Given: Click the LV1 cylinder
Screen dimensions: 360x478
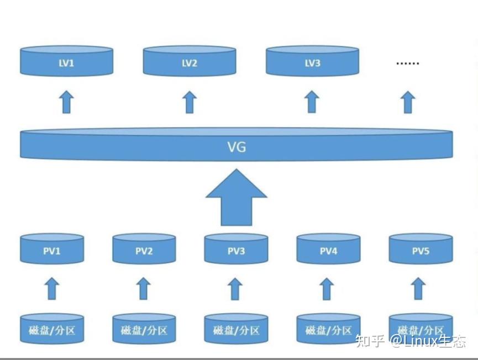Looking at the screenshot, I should point(66,61).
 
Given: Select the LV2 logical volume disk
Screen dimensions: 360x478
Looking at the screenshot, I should point(190,61).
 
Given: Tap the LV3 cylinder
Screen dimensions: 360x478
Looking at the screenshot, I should point(312,61).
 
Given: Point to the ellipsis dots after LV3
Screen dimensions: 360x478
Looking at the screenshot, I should point(408,63).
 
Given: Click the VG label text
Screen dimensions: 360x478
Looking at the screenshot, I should point(237,147).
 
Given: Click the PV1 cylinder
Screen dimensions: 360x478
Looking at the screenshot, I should point(51,250).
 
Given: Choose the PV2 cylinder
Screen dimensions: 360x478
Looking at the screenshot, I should point(144,250).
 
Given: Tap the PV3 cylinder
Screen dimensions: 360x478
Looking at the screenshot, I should point(236,250).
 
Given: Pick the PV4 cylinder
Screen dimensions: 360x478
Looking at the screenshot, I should point(328,250).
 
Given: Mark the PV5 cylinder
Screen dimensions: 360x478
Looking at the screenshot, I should point(420,250).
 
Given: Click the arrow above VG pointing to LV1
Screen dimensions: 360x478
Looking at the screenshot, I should point(66,103).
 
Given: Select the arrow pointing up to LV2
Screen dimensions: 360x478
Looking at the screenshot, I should point(190,103).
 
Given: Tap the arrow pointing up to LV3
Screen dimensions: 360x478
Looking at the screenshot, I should point(312,103).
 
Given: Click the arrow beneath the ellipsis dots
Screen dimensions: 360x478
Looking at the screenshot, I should point(408,103).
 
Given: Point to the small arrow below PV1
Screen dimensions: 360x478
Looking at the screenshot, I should point(51,289).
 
